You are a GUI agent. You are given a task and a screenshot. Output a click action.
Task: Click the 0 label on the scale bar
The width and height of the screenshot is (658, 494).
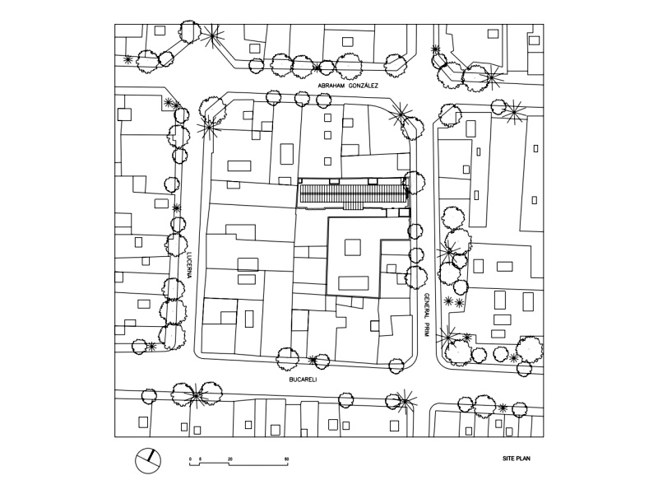click(x=190, y=458)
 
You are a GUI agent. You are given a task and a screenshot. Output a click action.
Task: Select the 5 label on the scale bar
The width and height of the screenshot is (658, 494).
click(x=200, y=458)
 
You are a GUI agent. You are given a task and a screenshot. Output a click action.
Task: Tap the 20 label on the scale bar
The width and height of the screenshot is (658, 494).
click(x=230, y=458)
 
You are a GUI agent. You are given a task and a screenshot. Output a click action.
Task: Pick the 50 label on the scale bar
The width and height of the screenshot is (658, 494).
click(x=286, y=458)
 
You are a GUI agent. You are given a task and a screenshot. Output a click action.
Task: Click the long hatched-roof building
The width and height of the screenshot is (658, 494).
click(x=351, y=195)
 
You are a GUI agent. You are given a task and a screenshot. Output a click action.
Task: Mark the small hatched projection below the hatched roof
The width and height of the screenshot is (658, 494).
click(x=351, y=207)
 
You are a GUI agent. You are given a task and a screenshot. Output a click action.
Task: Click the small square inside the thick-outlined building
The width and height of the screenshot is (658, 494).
click(x=352, y=247)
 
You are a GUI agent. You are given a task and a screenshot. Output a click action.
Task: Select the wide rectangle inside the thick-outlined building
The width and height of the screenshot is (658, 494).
click(x=354, y=282)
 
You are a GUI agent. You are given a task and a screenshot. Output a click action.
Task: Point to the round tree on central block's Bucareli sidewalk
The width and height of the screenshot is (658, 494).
click(x=288, y=357)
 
